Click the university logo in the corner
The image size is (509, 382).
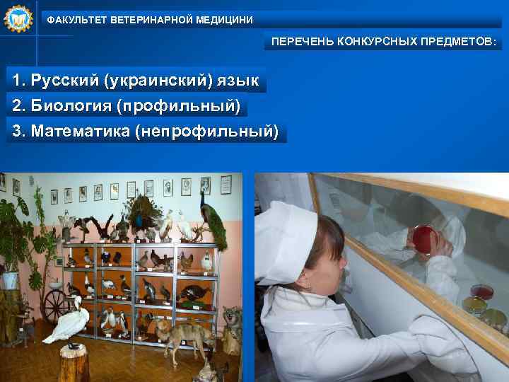pyautogui.click(x=18, y=19)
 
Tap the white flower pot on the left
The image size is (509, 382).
pyautogui.click(x=11, y=279)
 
